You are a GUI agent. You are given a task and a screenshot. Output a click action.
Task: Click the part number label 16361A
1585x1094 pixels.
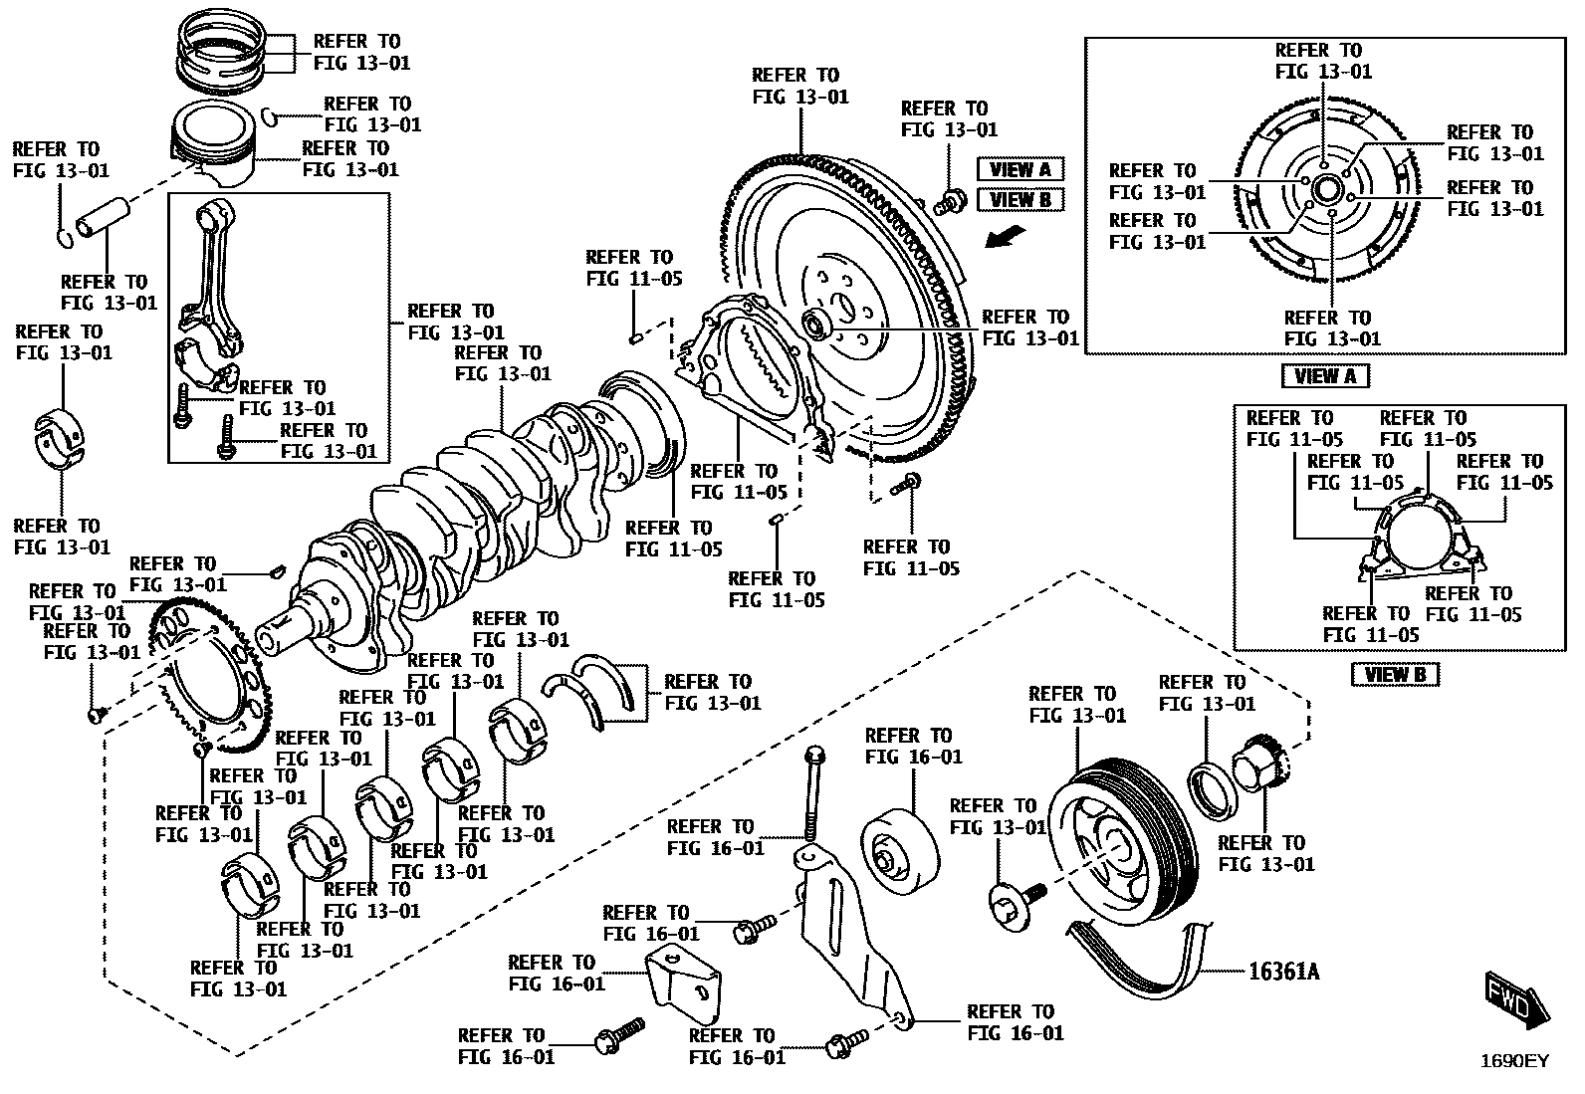(1283, 971)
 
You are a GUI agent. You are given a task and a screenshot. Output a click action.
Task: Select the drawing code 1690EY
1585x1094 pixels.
(1513, 1061)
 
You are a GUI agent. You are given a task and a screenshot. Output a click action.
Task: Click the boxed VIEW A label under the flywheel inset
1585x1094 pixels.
(1324, 376)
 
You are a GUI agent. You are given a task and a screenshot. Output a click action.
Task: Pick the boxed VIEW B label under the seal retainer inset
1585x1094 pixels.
(1394, 675)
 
